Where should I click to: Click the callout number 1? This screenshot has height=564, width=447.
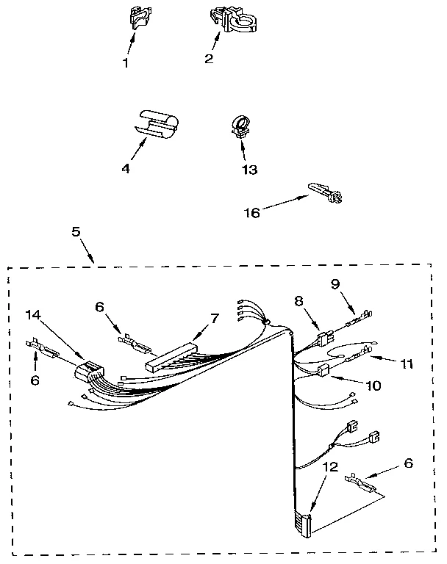(x=125, y=62)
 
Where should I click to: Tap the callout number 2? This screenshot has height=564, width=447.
(x=209, y=59)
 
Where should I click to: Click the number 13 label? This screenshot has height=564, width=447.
(x=249, y=170)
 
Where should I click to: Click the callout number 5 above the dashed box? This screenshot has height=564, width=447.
(x=76, y=231)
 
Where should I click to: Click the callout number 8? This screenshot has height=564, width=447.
(x=298, y=300)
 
